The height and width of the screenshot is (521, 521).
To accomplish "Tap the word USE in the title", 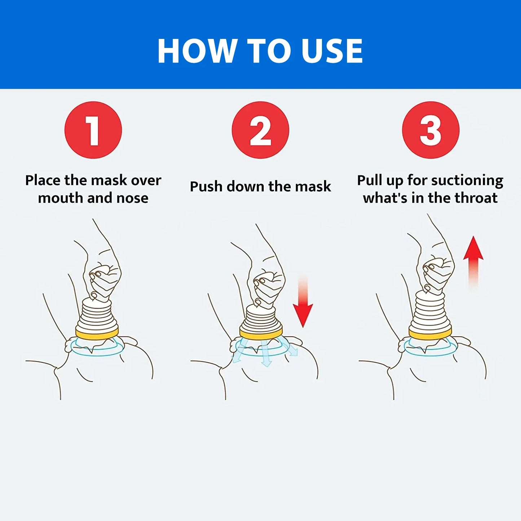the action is (332, 51).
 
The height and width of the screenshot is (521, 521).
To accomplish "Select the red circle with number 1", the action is (93, 130).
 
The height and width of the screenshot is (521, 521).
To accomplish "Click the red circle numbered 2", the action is (260, 130).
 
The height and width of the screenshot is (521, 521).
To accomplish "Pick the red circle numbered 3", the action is (431, 130).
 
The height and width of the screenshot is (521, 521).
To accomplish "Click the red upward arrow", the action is (473, 262).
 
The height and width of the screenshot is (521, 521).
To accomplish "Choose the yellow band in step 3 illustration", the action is (431, 333).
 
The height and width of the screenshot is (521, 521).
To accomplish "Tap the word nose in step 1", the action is (132, 198).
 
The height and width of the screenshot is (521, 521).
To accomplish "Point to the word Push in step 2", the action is (206, 186).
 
